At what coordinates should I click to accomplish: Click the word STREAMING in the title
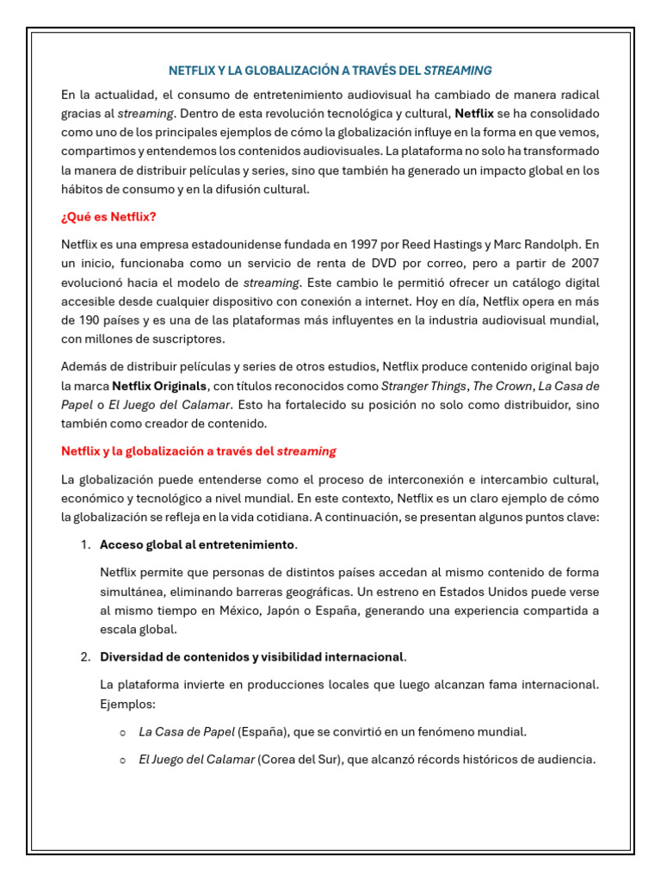[458, 70]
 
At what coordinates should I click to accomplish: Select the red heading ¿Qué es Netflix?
[108, 217]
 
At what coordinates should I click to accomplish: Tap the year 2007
[581, 263]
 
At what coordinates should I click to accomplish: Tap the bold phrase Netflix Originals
[159, 385]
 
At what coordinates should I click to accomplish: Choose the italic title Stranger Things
[420, 385]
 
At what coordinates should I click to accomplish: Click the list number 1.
[84, 544]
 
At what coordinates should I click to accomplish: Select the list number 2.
[84, 657]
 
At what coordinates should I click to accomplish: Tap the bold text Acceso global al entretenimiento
[197, 544]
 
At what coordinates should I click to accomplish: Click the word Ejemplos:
[127, 704]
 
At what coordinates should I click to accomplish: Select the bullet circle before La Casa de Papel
[124, 732]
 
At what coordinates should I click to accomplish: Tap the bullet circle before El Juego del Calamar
[124, 760]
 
